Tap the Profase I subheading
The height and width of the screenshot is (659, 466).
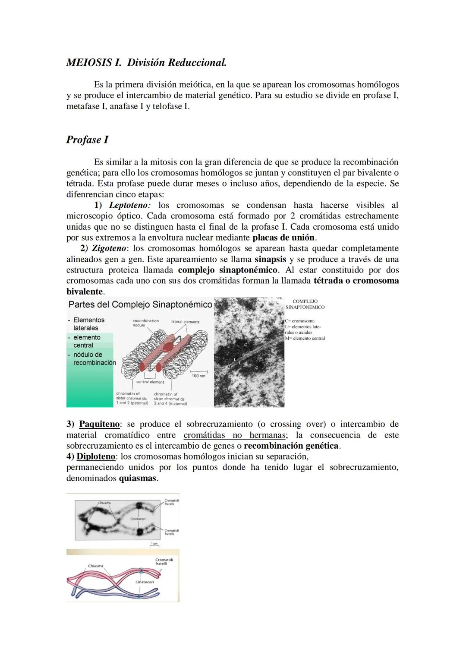[x=87, y=140]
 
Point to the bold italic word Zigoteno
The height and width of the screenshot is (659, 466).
[x=109, y=248]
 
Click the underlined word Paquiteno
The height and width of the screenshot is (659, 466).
[x=99, y=424]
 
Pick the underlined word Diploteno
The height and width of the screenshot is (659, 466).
[x=96, y=456]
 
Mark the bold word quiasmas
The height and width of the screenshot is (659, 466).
[x=138, y=478]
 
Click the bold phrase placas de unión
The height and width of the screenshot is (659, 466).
[x=284, y=238]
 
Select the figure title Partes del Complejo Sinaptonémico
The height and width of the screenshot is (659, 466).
[x=140, y=304]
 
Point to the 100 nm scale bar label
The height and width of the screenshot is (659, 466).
[x=198, y=376]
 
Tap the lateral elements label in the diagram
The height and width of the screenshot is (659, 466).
[x=185, y=322]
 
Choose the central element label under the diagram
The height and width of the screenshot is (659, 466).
[x=150, y=382]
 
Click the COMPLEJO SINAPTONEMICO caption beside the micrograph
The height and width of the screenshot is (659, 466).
[x=305, y=304]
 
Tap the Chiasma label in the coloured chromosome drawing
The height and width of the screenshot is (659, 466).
[x=95, y=566]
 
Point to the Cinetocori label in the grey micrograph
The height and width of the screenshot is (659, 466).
[x=138, y=519]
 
